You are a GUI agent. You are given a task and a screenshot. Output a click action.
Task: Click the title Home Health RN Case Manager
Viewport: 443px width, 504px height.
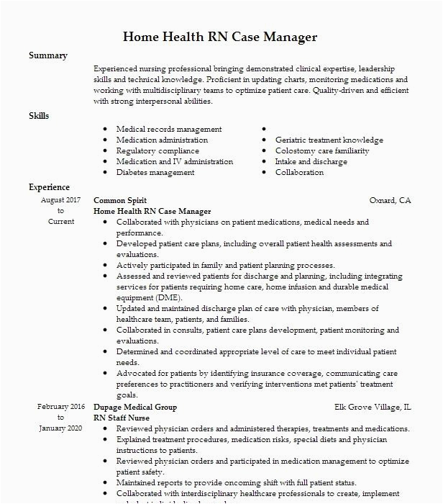tap(220, 37)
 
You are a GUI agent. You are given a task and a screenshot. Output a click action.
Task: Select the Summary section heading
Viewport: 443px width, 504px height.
tap(48, 55)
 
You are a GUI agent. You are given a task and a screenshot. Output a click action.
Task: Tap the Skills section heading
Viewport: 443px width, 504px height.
tap(39, 115)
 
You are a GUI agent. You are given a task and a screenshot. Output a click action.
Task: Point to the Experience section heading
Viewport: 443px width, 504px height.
tap(49, 187)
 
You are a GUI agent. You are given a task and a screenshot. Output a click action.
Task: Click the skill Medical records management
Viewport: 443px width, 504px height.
tap(169, 130)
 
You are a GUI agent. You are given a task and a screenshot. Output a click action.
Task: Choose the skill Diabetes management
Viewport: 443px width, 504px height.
tap(155, 173)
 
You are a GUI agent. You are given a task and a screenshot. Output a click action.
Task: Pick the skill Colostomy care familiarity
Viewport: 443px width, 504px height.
tap(322, 151)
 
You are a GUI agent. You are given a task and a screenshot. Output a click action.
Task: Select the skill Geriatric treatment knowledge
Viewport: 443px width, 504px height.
tap(329, 140)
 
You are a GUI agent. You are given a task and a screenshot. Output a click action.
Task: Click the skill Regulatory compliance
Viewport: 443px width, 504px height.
tap(157, 151)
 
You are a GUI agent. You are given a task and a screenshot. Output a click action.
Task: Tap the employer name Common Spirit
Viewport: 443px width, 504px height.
tap(120, 200)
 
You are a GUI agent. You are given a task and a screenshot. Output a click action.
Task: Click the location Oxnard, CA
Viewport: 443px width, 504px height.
tap(391, 200)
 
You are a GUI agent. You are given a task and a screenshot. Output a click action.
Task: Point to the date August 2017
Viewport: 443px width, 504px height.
tap(60, 199)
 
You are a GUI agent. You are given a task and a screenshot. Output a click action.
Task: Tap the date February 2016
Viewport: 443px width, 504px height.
tap(60, 407)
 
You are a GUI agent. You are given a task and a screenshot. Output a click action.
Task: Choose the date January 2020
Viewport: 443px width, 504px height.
tap(60, 428)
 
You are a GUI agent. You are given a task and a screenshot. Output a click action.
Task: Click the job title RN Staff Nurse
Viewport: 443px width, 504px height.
tap(124, 418)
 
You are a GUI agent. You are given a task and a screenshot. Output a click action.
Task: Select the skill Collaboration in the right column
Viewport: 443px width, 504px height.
tap(299, 173)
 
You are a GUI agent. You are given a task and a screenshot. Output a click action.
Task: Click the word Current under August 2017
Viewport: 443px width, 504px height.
tap(60, 222)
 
